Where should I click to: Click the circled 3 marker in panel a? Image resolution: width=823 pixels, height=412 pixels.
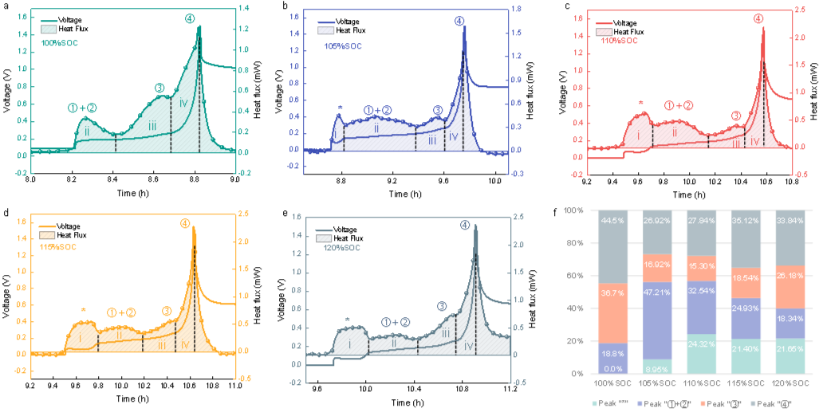(159, 88)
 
